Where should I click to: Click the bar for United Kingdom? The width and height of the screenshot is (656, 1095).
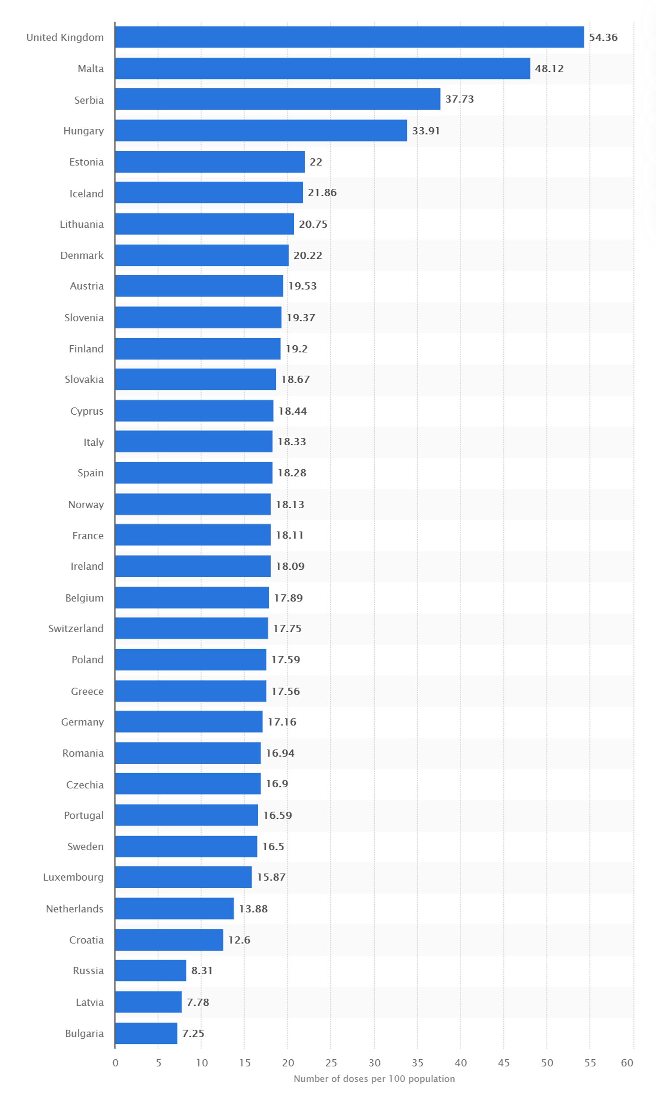(x=349, y=37)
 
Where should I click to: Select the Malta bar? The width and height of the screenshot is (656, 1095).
(x=322, y=69)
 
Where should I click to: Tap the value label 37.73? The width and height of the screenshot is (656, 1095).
(x=459, y=99)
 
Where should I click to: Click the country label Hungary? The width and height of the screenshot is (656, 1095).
(x=84, y=131)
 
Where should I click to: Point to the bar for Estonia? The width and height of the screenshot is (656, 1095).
(x=210, y=162)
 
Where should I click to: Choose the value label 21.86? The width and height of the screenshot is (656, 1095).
(x=322, y=193)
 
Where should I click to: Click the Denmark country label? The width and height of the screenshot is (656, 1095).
(x=82, y=255)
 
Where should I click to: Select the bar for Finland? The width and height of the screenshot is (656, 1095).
(x=198, y=349)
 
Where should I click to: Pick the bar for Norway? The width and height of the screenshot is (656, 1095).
(x=193, y=504)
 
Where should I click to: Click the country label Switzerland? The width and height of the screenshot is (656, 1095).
(x=76, y=629)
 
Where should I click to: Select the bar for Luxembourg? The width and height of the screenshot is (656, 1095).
(x=183, y=877)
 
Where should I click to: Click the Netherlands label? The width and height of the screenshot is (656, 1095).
(x=75, y=909)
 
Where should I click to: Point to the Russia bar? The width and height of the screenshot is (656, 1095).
(x=151, y=971)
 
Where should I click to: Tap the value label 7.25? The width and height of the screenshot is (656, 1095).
(x=193, y=1034)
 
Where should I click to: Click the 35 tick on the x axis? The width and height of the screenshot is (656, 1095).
(x=417, y=1063)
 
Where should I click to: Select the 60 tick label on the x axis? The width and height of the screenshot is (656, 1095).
(x=627, y=1063)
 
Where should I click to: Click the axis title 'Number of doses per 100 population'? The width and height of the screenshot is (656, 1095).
(x=374, y=1079)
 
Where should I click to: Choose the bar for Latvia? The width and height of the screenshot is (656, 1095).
(x=148, y=1002)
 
